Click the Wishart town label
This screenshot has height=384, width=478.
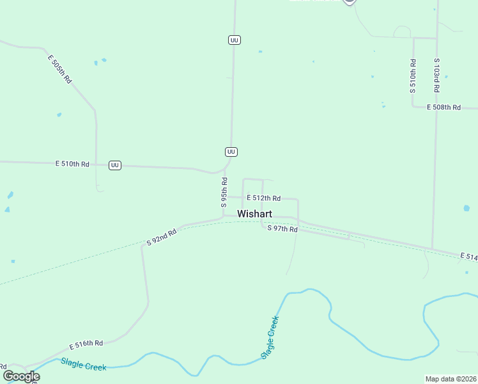[256, 214]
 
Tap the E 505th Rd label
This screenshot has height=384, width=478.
[59, 69]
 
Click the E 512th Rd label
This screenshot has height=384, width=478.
[264, 198]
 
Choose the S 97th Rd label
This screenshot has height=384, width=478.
[282, 228]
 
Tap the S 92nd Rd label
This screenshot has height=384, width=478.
[161, 238]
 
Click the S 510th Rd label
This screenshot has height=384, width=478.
[413, 76]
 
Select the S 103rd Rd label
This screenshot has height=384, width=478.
[436, 76]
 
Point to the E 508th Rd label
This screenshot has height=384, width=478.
[443, 108]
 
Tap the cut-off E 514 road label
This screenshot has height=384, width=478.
[468, 257]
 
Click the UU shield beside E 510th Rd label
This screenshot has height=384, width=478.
[115, 165]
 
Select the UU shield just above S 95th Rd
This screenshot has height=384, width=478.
[231, 152]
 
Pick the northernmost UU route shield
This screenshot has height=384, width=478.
[234, 40]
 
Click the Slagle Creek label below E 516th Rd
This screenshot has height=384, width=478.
[83, 364]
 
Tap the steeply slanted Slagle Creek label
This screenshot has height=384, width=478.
[270, 337]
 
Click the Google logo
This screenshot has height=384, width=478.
[21, 376]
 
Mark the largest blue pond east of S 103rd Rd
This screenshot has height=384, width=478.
[466, 208]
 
